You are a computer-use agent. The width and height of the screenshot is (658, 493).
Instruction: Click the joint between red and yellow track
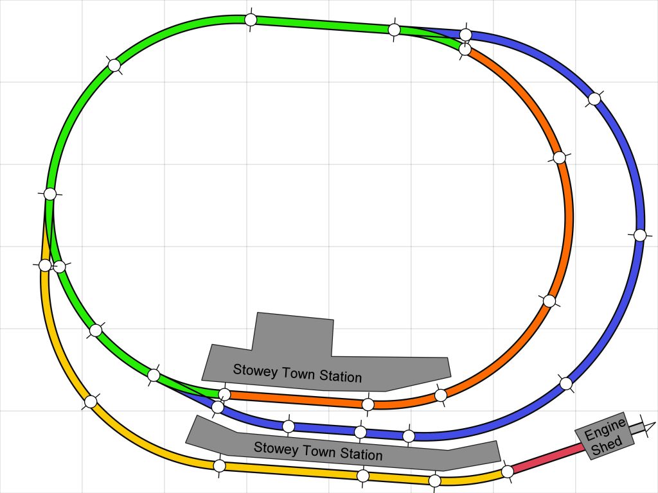507,471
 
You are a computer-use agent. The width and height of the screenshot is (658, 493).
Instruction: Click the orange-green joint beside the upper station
224,394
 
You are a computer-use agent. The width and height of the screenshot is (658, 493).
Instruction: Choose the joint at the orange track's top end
465,49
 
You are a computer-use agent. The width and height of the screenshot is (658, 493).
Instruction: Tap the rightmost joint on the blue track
639,235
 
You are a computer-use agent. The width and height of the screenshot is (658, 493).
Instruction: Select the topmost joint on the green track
251,20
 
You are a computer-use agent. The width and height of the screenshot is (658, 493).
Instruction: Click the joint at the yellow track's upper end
45,265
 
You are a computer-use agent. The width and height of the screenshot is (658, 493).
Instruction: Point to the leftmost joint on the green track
49,194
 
